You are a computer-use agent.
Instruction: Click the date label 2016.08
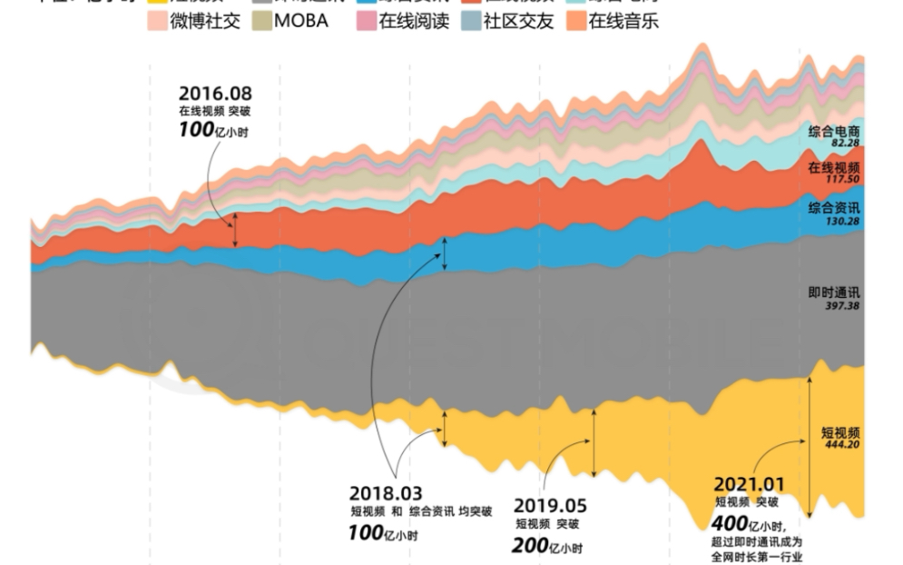215,93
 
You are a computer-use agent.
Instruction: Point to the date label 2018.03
386,493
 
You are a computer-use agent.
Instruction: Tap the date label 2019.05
550,505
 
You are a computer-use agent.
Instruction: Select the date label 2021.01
749,485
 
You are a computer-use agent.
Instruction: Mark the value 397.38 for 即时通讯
840,306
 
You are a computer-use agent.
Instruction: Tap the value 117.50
840,180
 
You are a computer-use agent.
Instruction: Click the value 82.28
840,144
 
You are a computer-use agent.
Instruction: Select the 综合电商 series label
834,132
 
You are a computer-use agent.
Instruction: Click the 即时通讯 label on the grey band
834,293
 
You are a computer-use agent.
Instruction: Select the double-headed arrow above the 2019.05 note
594,442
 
